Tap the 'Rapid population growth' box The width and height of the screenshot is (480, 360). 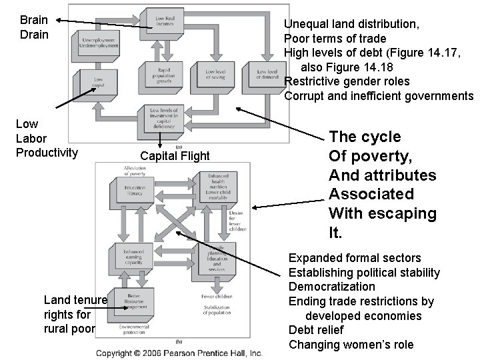pos(160,74)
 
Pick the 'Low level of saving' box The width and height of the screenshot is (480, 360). pos(215,74)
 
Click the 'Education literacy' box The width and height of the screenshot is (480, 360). pos(135,191)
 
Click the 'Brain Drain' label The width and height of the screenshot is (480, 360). pos(34,27)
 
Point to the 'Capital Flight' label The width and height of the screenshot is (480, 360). pos(175,156)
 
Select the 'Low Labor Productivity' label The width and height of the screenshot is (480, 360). pos(46,138)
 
